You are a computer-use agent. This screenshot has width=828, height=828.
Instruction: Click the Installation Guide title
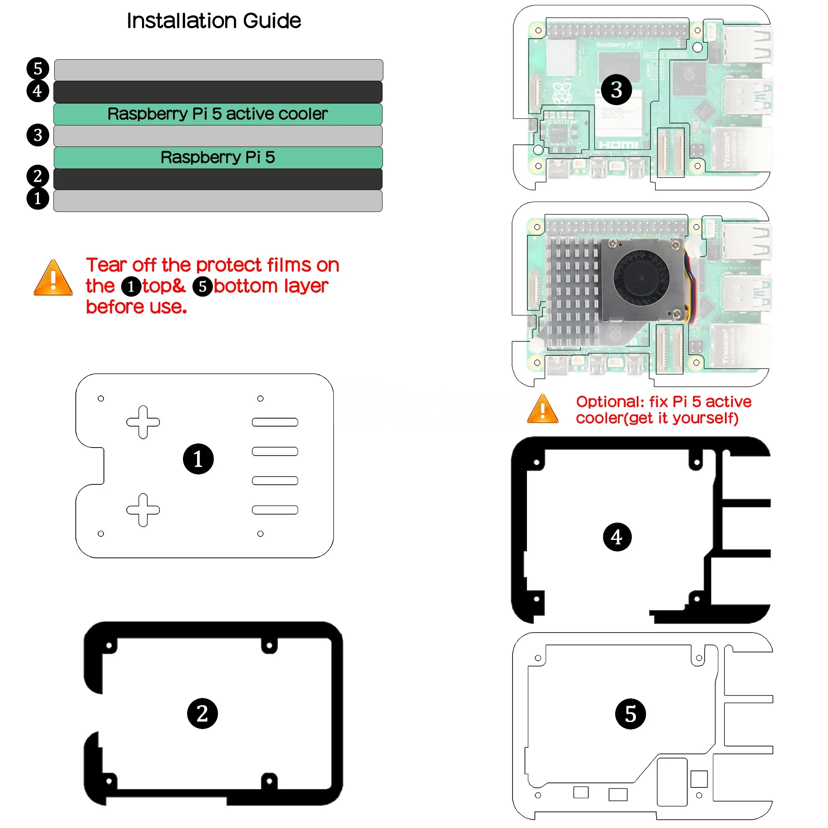tap(214, 21)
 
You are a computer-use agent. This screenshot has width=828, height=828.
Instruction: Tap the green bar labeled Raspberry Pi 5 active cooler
tap(218, 114)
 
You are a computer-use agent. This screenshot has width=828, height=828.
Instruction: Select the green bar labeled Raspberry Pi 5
tap(218, 157)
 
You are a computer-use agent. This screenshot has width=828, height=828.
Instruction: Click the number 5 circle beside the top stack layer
tap(38, 69)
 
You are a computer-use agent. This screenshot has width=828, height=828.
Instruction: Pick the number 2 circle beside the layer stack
tap(38, 176)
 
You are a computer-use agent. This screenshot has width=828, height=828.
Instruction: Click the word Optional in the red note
tap(609, 402)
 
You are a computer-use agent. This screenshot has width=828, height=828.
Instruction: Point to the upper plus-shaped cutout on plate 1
tap(143, 422)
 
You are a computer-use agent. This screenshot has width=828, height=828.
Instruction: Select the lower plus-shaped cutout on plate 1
tap(143, 510)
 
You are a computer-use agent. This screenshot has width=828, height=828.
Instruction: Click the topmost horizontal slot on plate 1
tap(275, 422)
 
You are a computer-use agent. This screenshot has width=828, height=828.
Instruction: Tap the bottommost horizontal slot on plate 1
tap(275, 510)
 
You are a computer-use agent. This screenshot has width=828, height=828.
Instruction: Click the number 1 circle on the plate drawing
tap(198, 459)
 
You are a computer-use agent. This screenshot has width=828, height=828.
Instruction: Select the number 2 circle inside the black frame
tap(202, 714)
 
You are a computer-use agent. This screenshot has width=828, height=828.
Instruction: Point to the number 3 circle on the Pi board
tap(616, 89)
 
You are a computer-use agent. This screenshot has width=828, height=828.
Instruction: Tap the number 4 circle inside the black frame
tap(617, 537)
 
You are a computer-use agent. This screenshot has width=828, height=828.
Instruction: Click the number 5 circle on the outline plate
tap(630, 714)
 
